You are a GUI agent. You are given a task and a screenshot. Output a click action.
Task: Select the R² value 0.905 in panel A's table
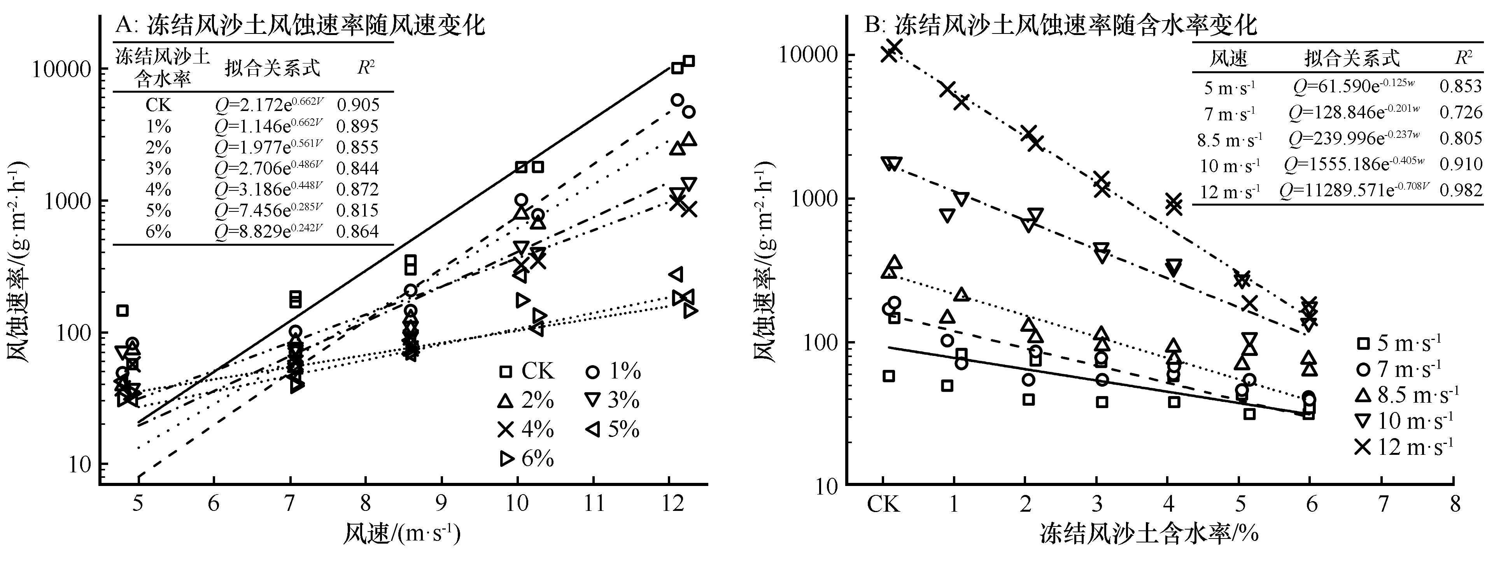pyautogui.click(x=358, y=105)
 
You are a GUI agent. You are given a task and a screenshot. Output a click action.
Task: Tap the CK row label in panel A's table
pyautogui.click(x=158, y=105)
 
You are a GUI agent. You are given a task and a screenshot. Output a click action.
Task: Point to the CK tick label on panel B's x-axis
pyautogui.click(x=883, y=504)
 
